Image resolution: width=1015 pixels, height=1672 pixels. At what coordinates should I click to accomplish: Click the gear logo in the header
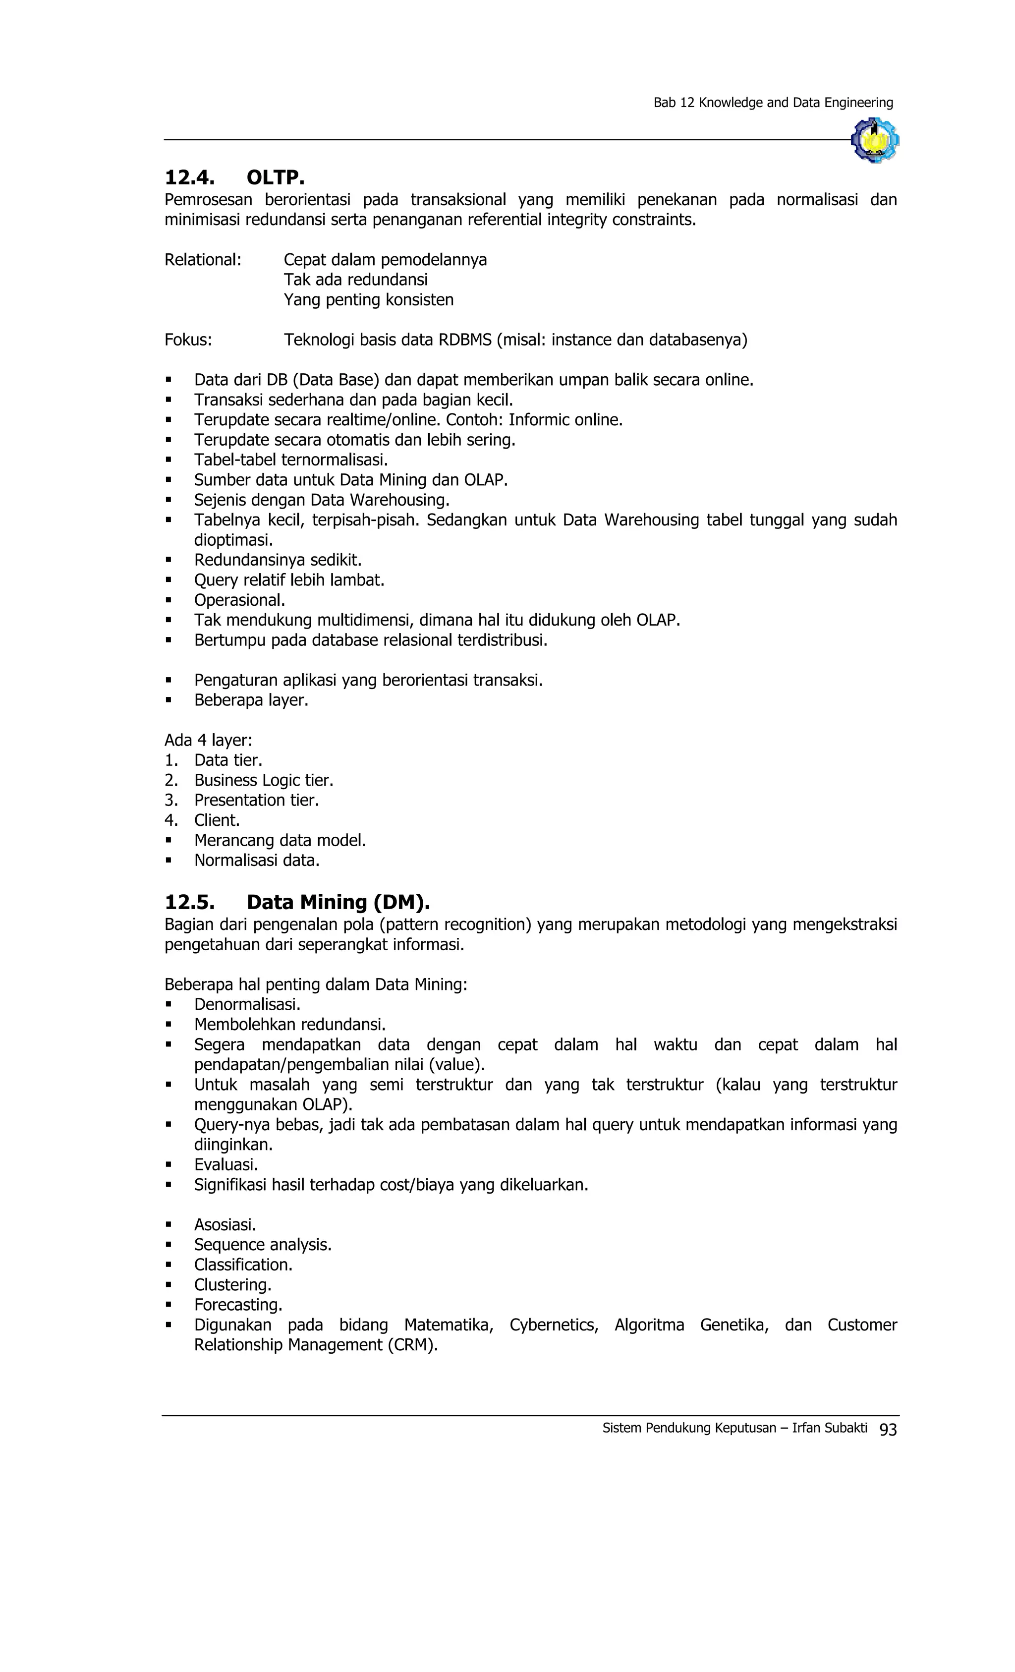tap(875, 140)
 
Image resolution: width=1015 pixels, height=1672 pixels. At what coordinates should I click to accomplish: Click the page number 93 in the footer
tap(888, 1429)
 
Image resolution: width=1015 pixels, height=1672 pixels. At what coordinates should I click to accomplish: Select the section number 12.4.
tap(189, 178)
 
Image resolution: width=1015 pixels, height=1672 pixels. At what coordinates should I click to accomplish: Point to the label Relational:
tap(202, 260)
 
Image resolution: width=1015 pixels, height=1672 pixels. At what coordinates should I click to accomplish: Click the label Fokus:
tap(188, 340)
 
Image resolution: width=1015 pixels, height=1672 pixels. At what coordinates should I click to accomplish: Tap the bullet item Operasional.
tap(239, 600)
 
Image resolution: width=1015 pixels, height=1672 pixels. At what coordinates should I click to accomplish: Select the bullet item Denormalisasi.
tap(247, 1004)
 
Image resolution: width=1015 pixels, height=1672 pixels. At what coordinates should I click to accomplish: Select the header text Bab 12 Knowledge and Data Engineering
tap(773, 103)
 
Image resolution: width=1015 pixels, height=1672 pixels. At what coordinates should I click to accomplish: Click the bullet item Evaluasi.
tap(226, 1164)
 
